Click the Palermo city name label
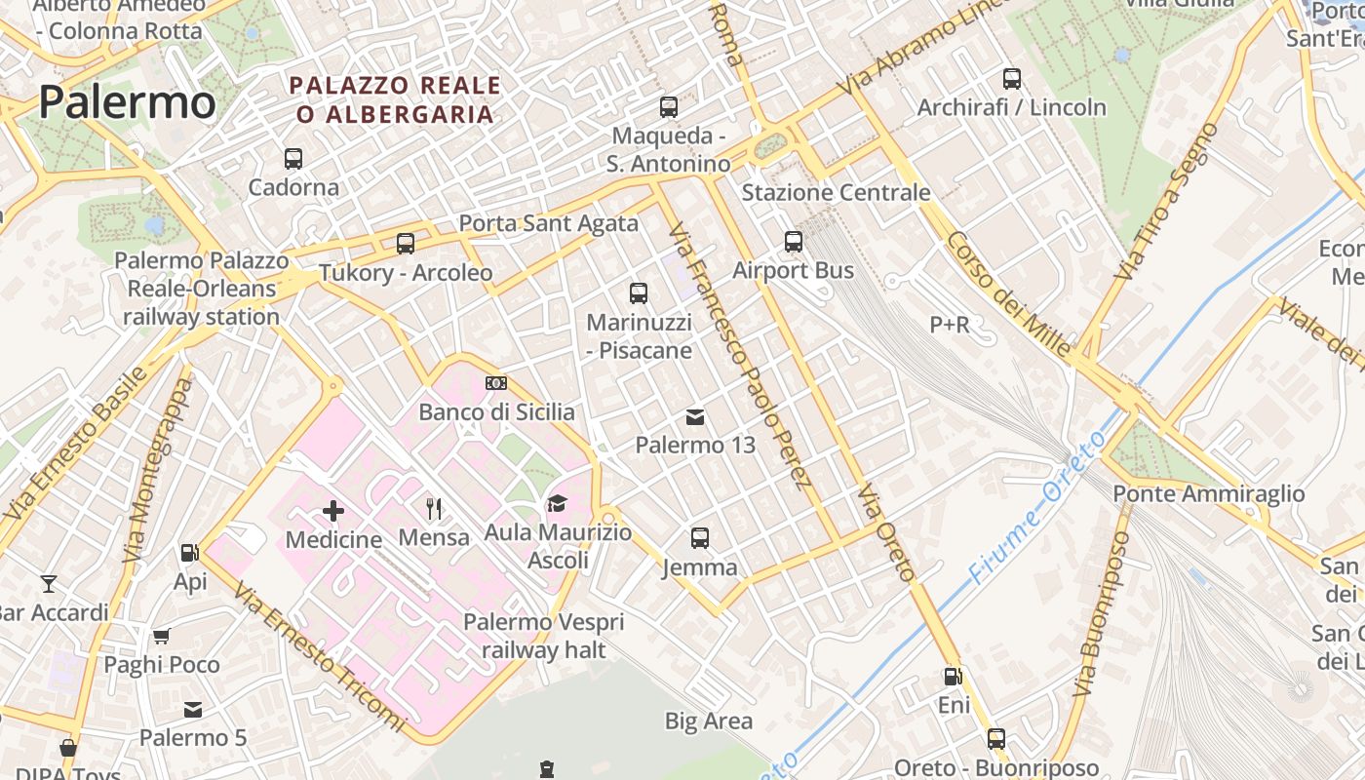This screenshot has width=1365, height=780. pos(127,102)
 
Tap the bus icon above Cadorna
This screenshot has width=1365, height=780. pos(293,158)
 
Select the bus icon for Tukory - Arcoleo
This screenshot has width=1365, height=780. pos(406,244)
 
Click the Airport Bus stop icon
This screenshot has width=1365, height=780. pos(794,241)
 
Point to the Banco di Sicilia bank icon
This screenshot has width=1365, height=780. pos(496,383)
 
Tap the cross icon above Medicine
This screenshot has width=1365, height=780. pos(333,510)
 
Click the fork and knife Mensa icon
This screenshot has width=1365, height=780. pos(434,508)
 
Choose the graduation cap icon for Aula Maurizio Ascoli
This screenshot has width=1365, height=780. pos(557,503)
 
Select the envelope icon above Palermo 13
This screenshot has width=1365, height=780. pos(695,417)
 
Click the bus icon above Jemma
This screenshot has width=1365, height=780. pos(700,537)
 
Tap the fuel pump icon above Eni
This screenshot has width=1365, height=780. pos(953,676)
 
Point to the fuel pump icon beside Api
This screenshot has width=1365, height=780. pos(189,553)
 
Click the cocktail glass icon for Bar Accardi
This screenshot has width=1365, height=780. pos(49,584)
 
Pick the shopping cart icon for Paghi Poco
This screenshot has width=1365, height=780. pos(162,637)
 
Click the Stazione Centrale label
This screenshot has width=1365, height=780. pos(836,192)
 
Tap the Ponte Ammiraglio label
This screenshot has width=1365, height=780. pos(1208,493)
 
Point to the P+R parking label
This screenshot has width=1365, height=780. pos(949,325)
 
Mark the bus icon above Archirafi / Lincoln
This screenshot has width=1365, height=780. pos(1012,79)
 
